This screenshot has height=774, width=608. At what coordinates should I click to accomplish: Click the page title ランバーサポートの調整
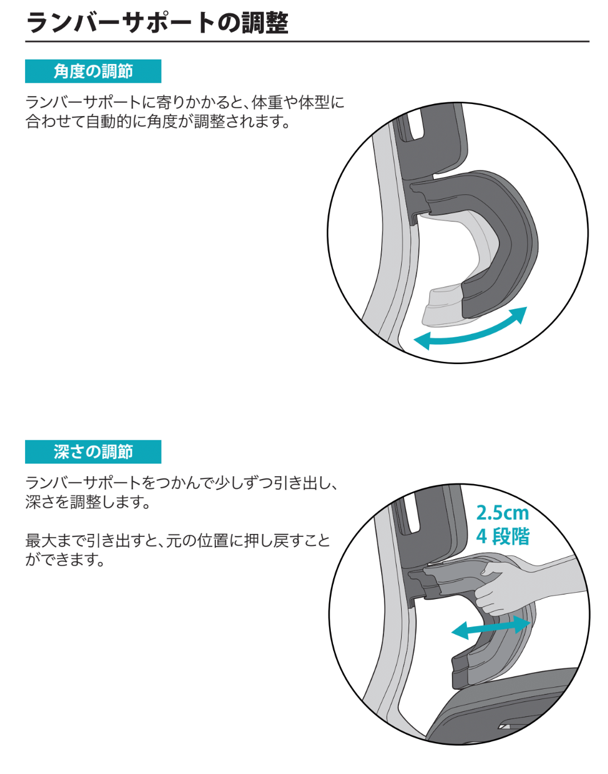(157, 23)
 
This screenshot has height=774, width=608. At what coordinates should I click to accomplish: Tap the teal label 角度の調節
(93, 71)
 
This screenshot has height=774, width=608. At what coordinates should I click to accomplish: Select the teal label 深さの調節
(93, 452)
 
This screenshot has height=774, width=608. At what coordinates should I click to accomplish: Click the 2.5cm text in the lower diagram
(502, 513)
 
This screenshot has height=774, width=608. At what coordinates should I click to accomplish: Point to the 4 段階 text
(503, 536)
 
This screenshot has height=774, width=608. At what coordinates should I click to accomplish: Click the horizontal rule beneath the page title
(307, 41)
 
